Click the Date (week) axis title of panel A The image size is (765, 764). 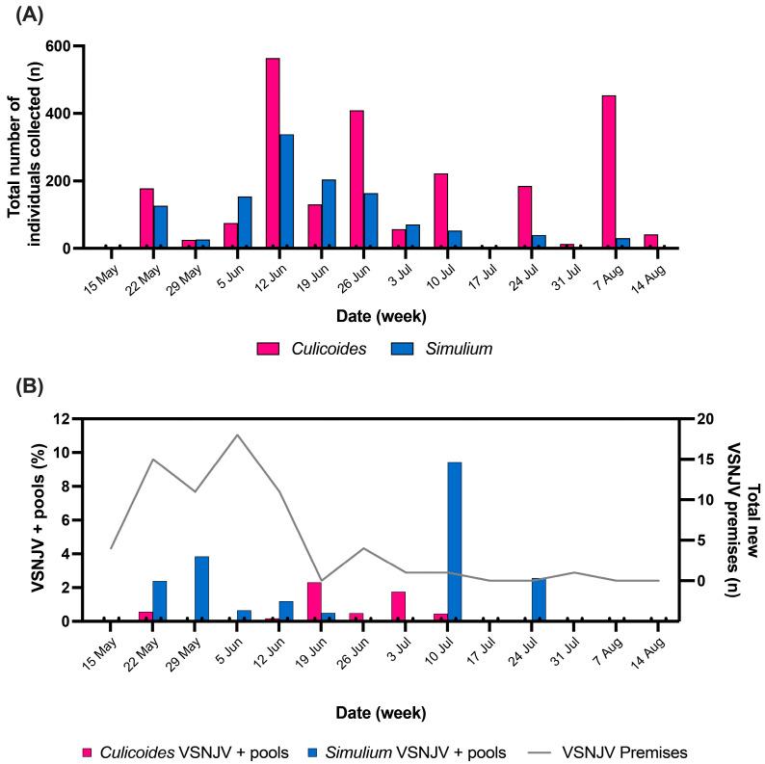click(x=382, y=316)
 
